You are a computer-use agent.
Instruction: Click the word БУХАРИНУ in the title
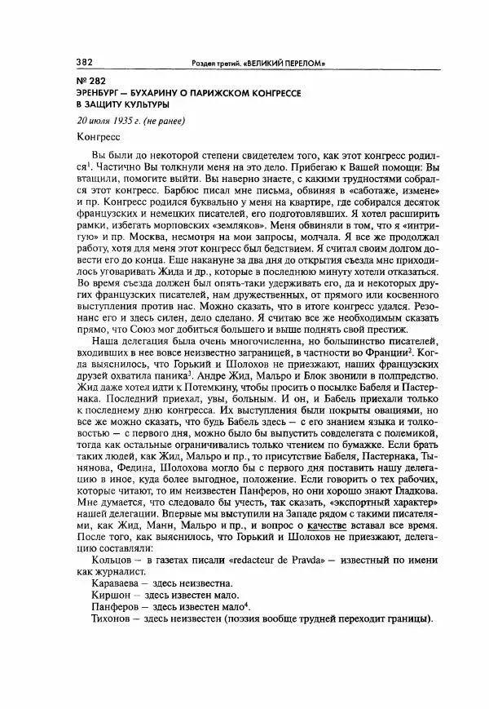[160, 93]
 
